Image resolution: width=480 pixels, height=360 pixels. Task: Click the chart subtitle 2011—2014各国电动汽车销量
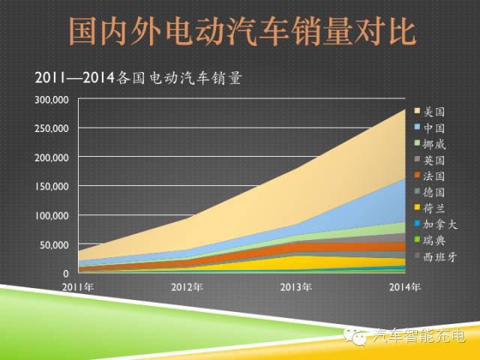[x=138, y=77]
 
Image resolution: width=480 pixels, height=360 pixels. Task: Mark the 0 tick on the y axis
[x=66, y=274]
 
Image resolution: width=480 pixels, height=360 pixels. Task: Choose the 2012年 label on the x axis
[x=187, y=286]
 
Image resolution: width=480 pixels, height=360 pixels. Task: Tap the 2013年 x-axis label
[x=295, y=286]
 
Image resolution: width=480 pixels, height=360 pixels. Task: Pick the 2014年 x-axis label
[x=405, y=286]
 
